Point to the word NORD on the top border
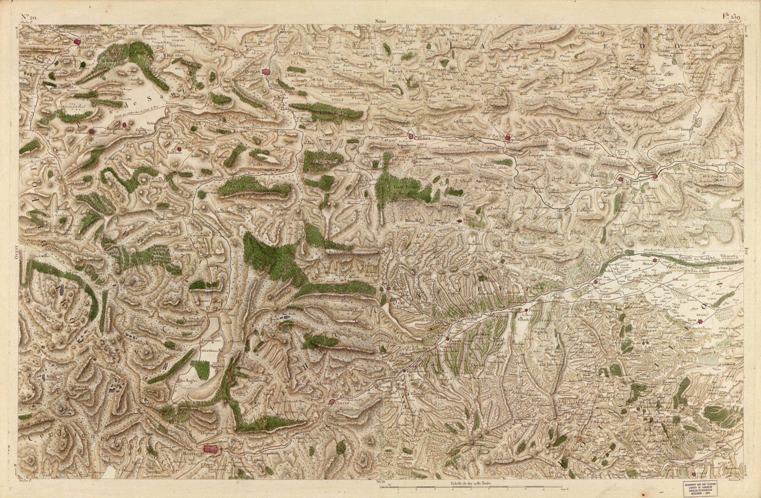(x=382, y=22)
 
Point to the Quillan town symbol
(x=265, y=72)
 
